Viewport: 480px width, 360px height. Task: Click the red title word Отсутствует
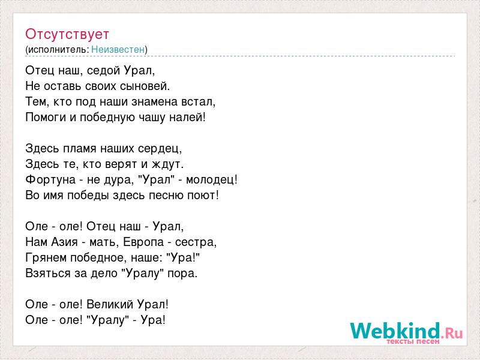pyautogui.click(x=67, y=34)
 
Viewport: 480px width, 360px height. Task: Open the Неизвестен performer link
pyautogui.click(x=118, y=49)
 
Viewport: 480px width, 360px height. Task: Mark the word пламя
pyautogui.click(x=80, y=149)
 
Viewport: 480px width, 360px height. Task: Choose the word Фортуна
pyautogui.click(x=50, y=179)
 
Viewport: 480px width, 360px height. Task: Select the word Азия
pyautogui.click(x=64, y=242)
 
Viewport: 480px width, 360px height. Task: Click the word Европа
pyautogui.click(x=143, y=242)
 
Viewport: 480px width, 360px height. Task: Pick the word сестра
pyautogui.click(x=194, y=242)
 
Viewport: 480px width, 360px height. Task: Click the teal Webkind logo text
pyautogui.click(x=395, y=331)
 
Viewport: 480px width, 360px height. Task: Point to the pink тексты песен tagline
pyautogui.click(x=413, y=341)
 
